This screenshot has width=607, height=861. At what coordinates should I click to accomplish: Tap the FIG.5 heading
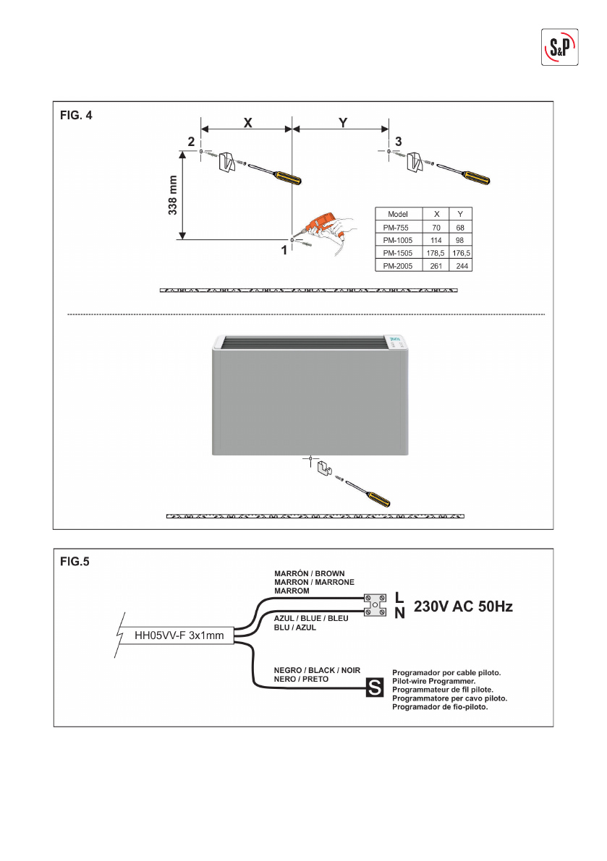coord(74,561)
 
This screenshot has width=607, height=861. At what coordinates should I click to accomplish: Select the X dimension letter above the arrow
coord(247,123)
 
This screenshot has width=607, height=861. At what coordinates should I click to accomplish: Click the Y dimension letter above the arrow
coord(343,123)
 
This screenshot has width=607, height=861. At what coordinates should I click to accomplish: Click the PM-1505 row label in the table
coord(399,253)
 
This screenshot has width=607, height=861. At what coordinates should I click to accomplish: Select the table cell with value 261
coord(436,266)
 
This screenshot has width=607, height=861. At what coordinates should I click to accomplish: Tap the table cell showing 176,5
coord(461,253)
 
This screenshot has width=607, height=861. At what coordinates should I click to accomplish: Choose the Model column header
coord(399,214)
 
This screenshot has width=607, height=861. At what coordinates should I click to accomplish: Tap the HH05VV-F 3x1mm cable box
coord(179,637)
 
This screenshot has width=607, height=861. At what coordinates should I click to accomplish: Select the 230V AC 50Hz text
coord(463,607)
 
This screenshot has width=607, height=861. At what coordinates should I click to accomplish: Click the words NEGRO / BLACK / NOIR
coord(317,670)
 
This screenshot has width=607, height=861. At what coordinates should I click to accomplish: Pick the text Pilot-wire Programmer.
coord(433,682)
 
